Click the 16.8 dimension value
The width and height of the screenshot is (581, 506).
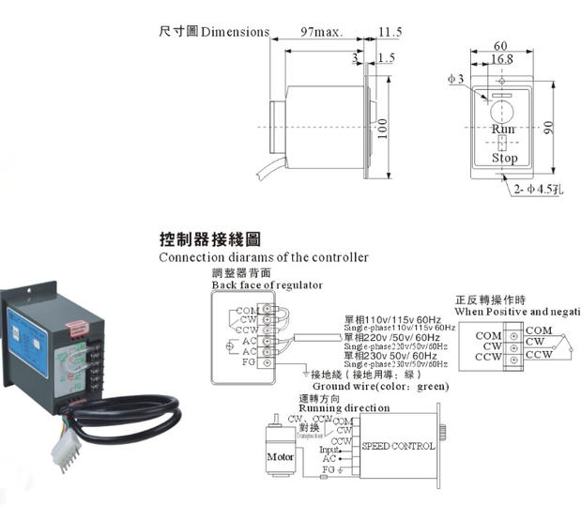(500, 59)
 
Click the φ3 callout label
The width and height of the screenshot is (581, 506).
(455, 79)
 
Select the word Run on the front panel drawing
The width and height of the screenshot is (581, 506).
(504, 128)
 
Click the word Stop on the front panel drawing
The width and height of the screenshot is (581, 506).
(505, 158)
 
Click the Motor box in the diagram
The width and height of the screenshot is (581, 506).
(281, 458)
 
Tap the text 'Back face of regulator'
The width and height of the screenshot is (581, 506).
(267, 284)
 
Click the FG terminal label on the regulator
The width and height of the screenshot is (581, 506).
(249, 361)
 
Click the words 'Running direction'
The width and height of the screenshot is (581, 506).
(344, 408)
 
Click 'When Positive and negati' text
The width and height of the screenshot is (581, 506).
(517, 310)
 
